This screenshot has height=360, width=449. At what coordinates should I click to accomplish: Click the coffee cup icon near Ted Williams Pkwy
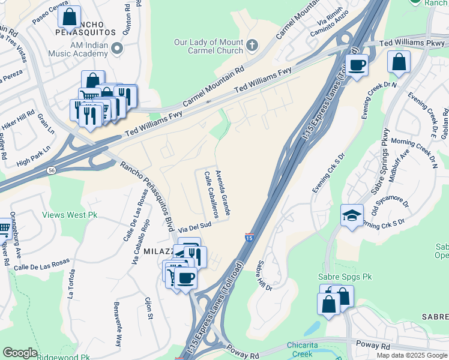point(358,65)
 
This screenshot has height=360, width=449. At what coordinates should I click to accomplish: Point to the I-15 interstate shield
point(249,238)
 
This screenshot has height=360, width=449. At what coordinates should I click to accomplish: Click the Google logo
point(20,353)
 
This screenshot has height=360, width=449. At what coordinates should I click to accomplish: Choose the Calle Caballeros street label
point(211,194)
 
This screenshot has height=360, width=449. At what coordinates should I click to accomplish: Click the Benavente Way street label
point(118,325)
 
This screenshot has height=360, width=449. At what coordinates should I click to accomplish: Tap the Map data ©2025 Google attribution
point(412,355)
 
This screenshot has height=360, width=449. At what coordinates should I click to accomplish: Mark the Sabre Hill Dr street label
point(265,275)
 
